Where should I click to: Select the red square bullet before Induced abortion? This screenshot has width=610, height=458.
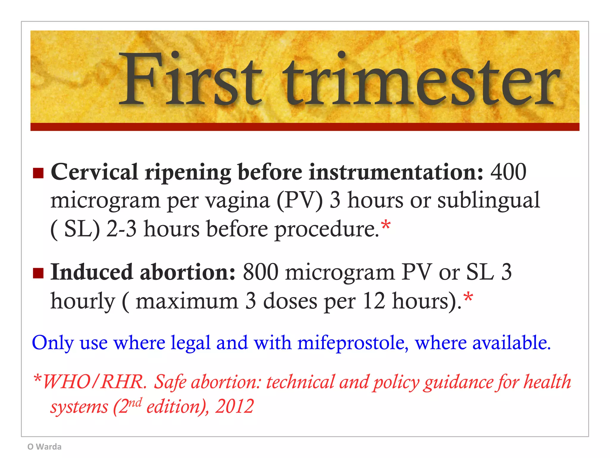point(38,273)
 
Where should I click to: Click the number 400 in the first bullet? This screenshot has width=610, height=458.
point(508,172)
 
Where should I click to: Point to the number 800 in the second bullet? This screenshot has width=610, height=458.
point(260,272)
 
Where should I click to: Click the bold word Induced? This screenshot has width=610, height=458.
point(91,272)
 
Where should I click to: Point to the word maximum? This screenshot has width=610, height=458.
point(187,301)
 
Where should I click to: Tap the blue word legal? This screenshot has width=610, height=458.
point(191,343)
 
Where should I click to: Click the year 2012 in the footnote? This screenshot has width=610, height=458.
point(234,406)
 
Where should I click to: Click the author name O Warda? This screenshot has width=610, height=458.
point(44,447)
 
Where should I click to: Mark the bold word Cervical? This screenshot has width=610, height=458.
point(94,172)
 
